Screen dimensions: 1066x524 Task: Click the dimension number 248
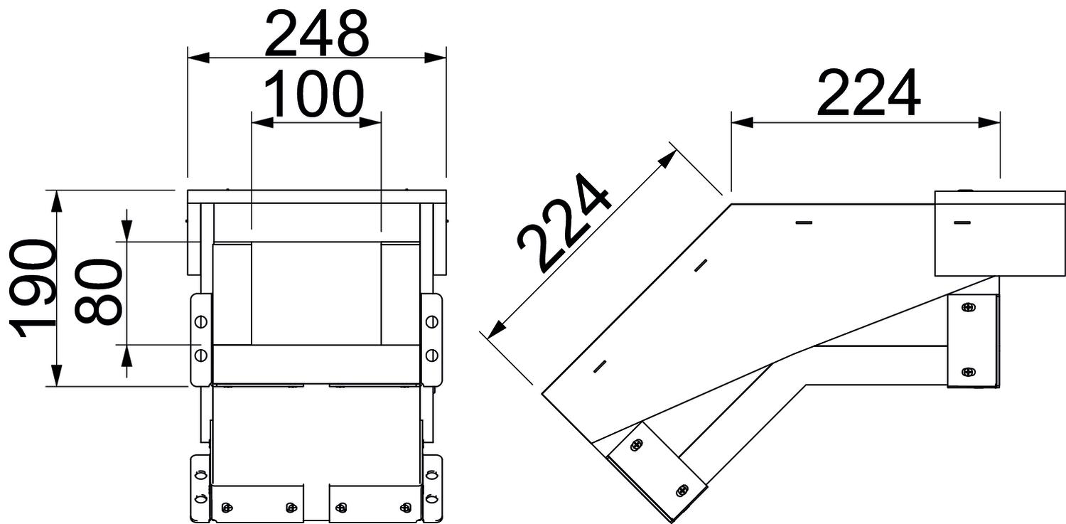[x=316, y=33]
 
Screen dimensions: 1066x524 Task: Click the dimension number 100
[x=313, y=94]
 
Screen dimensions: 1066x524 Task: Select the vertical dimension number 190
[x=31, y=288]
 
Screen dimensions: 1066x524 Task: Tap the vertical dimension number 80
[x=99, y=292]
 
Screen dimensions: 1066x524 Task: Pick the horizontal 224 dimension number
[x=868, y=93]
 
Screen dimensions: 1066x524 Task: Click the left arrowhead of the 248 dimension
[x=198, y=58]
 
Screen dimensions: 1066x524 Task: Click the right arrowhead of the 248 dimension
[x=436, y=58]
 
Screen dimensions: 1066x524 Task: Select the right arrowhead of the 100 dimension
[x=370, y=122]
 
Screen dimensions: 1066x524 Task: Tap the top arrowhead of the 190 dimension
[x=57, y=200]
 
